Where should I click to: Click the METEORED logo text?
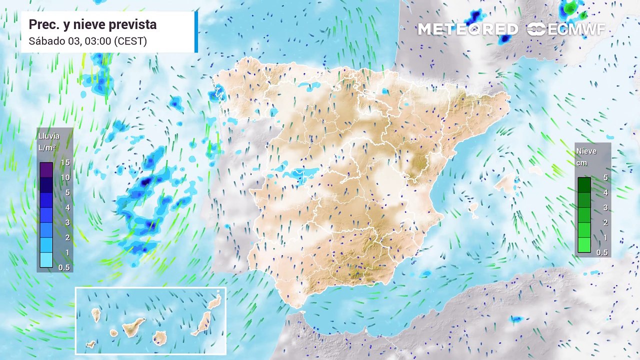[x=468, y=29]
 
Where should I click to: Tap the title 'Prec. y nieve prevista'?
[x=92, y=24]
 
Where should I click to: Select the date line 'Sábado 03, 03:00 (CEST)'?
[x=87, y=41]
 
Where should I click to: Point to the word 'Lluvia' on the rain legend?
[x=49, y=136]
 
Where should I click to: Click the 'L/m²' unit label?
[x=47, y=147]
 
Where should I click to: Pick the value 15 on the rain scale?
[x=64, y=162]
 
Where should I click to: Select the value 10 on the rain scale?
[x=64, y=177]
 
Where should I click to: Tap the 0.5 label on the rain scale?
[x=64, y=267]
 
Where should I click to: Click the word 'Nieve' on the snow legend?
[x=586, y=151]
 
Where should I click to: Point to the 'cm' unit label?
[x=581, y=163]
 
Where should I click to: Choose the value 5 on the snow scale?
[x=605, y=177]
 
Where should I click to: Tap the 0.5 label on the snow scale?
[x=602, y=252]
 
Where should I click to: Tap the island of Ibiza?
[x=472, y=207]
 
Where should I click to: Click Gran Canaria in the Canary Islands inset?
[x=160, y=338]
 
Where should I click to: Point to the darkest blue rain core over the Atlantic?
[x=145, y=182]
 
